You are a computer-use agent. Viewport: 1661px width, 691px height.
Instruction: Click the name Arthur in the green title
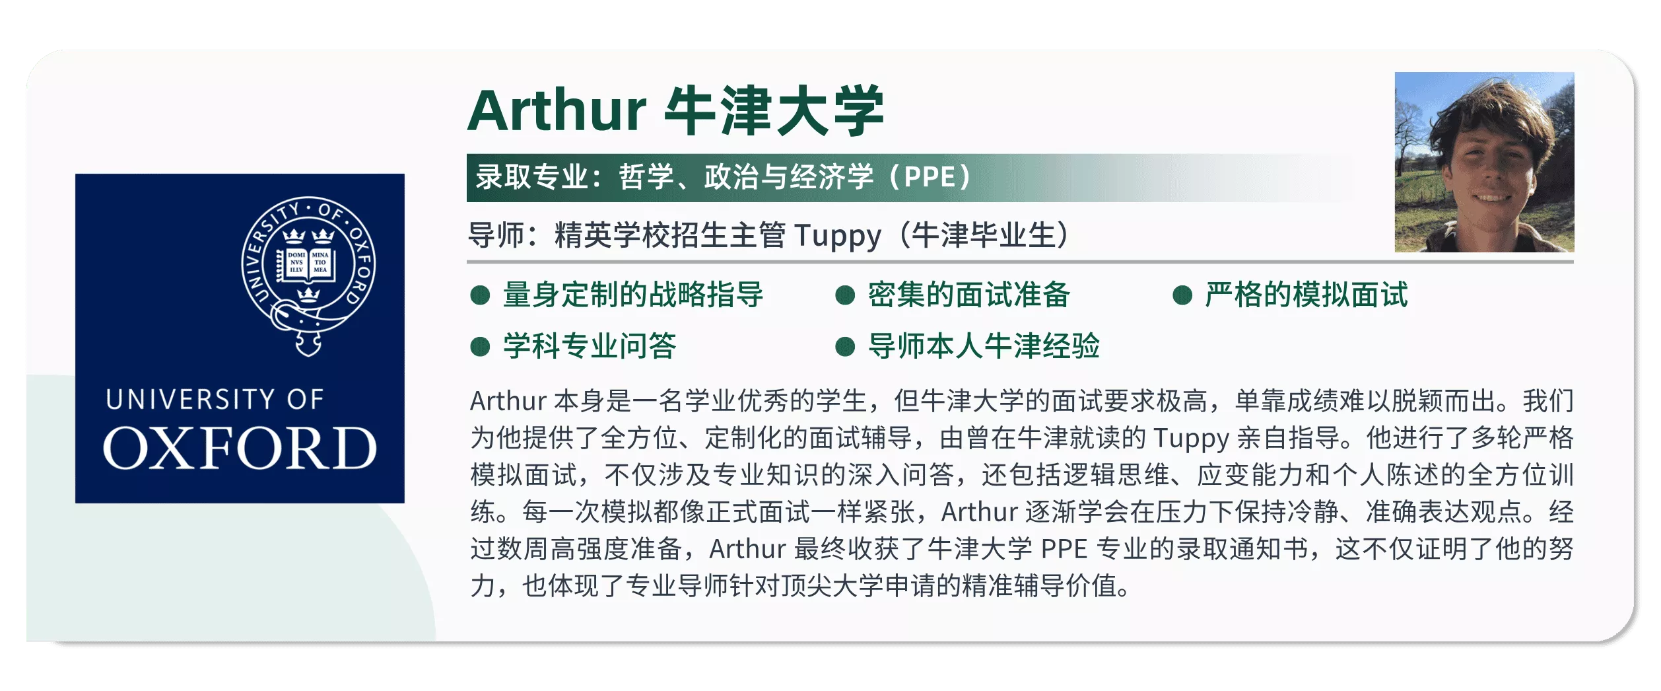[x=557, y=111]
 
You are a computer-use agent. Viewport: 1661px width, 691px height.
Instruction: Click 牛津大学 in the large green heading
[x=774, y=110]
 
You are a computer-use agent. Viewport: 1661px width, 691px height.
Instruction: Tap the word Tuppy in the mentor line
[x=837, y=236]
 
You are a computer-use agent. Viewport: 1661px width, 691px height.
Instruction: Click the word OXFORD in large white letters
[x=240, y=448]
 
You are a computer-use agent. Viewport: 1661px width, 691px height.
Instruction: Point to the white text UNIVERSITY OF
[x=215, y=399]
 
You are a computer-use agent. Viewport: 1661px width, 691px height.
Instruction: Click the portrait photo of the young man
[x=1484, y=162]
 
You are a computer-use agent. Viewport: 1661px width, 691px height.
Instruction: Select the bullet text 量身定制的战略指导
[x=633, y=295]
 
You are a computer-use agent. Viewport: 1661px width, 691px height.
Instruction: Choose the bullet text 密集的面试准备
[x=968, y=295]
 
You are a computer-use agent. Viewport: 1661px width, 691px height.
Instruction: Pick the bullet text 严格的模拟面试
[x=1306, y=295]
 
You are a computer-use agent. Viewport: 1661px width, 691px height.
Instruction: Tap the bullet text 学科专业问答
[x=590, y=346]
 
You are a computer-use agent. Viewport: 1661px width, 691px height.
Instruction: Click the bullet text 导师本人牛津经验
[x=984, y=346]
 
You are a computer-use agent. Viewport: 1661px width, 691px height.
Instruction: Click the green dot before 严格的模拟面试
[x=1182, y=295]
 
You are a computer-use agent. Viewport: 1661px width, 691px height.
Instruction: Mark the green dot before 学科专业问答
[x=480, y=347]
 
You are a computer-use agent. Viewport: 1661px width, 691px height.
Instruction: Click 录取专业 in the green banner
[x=531, y=177]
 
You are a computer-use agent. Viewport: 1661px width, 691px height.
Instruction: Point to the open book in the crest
[x=308, y=264]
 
